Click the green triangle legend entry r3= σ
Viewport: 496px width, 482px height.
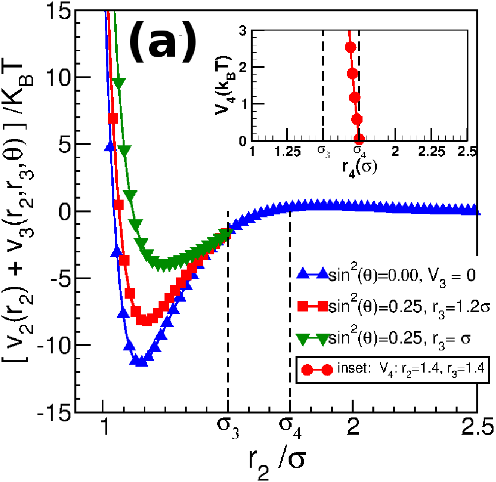click(383, 338)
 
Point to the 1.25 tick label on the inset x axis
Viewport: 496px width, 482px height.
click(287, 152)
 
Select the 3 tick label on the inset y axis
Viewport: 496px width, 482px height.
click(243, 31)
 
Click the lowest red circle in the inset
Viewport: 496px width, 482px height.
click(359, 138)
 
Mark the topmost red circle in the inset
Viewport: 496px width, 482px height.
click(350, 47)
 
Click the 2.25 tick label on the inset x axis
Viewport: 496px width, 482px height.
click(431, 152)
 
